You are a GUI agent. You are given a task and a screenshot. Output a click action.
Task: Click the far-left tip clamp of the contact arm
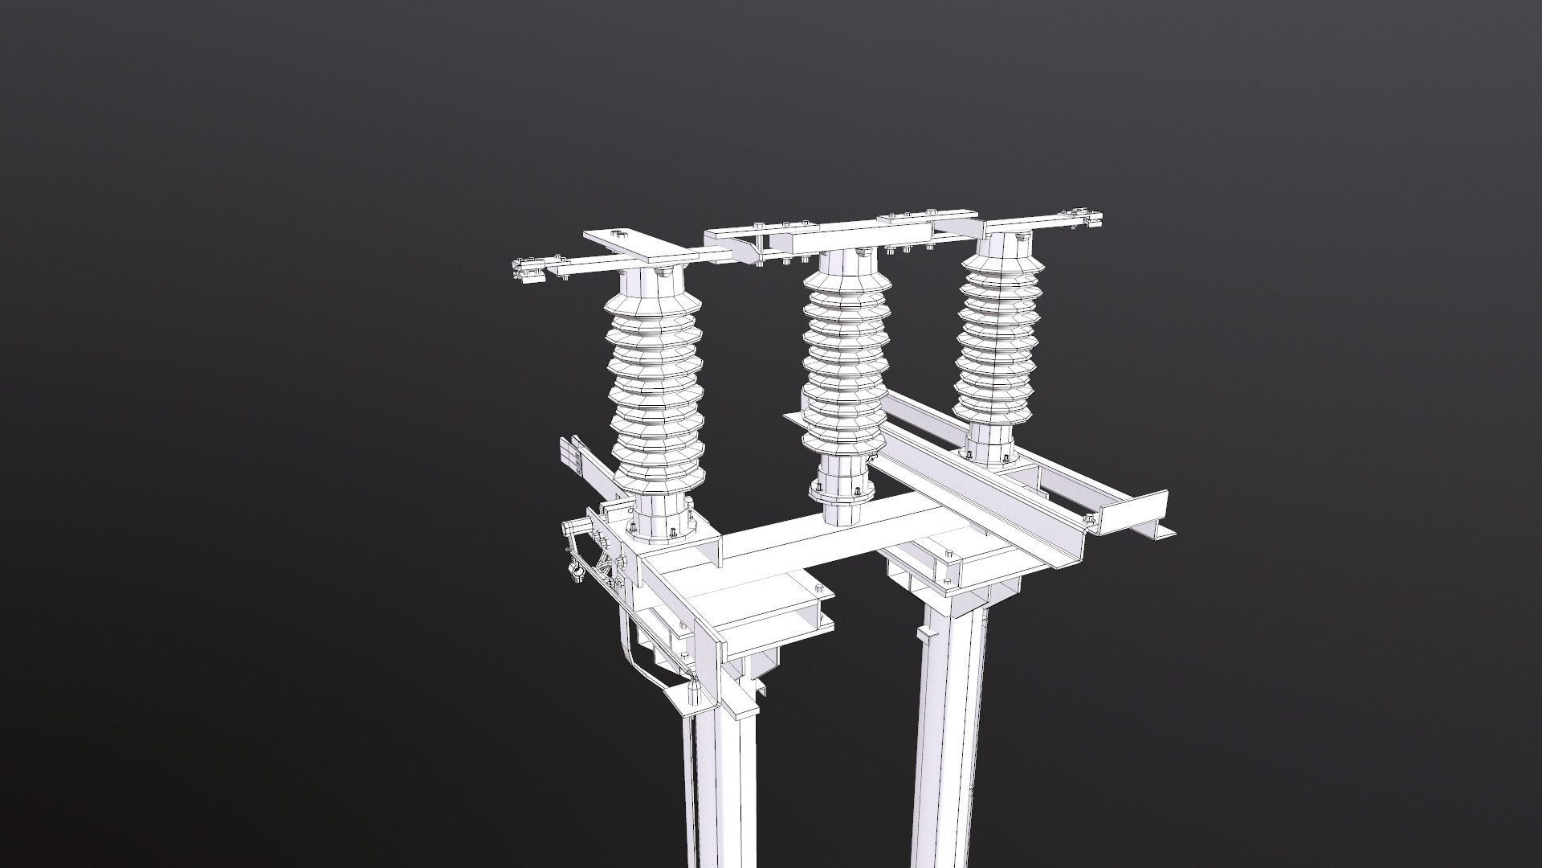point(524,270)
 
